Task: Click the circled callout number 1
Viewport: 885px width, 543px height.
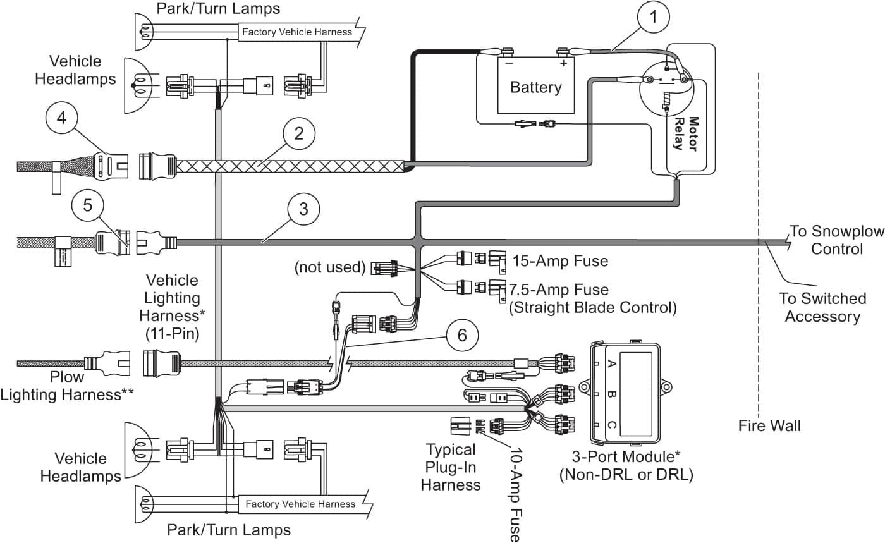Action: [654, 17]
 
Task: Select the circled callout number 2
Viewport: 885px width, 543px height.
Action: [299, 133]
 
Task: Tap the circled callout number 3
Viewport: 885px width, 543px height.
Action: [303, 209]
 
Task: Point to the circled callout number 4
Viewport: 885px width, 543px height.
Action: [61, 118]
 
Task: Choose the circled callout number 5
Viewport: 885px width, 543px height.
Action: [88, 205]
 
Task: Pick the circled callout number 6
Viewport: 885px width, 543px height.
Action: [462, 336]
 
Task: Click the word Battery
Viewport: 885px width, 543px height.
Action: [536, 87]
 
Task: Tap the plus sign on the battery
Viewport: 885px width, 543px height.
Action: [563, 63]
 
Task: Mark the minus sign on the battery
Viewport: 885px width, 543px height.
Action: [510, 63]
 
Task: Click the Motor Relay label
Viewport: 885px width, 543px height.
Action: [685, 134]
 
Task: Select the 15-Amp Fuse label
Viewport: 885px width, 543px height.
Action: [560, 261]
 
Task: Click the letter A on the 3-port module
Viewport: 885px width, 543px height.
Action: [611, 363]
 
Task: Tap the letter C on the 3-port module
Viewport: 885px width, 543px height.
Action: [611, 425]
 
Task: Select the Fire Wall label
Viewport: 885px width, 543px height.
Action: [769, 425]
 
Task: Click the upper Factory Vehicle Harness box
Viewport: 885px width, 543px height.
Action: [297, 32]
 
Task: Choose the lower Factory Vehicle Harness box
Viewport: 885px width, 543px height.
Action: [301, 504]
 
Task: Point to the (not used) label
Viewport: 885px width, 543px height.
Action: [330, 267]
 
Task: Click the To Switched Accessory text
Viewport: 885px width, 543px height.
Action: [822, 307]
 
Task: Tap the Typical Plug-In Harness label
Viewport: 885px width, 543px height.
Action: [450, 467]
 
